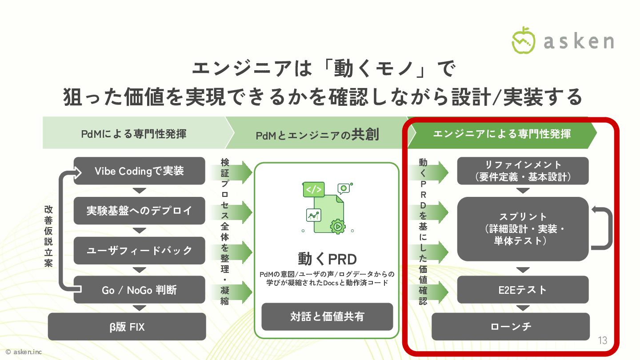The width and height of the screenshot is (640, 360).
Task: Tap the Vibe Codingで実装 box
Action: pyautogui.click(x=139, y=171)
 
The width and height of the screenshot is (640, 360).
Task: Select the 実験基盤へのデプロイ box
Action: pyautogui.click(x=139, y=211)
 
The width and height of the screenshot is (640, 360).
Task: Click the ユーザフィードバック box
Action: pyautogui.click(x=139, y=250)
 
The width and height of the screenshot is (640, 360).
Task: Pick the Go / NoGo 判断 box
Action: pyautogui.click(x=139, y=290)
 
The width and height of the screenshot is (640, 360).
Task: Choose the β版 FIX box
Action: pyautogui.click(x=127, y=327)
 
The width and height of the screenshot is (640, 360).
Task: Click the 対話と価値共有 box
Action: pyautogui.click(x=327, y=316)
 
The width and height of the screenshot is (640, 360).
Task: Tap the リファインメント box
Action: pyautogui.click(x=523, y=171)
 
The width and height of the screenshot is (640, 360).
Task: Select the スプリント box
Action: pyautogui.click(x=523, y=228)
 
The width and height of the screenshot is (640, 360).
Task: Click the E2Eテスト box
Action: pyautogui.click(x=523, y=290)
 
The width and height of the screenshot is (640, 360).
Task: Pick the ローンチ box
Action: pyautogui.click(x=511, y=327)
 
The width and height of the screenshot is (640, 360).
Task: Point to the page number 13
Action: pyautogui.click(x=602, y=341)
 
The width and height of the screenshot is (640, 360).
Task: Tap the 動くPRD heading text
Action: pyautogui.click(x=327, y=259)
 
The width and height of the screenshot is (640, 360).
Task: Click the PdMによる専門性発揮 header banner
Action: pyautogui.click(x=133, y=133)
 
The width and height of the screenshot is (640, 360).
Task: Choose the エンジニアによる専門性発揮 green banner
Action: pyautogui.click(x=501, y=133)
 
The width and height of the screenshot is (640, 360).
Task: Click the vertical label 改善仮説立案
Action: pyautogui.click(x=48, y=236)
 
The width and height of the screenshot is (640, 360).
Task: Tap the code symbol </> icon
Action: pyautogui.click(x=313, y=190)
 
